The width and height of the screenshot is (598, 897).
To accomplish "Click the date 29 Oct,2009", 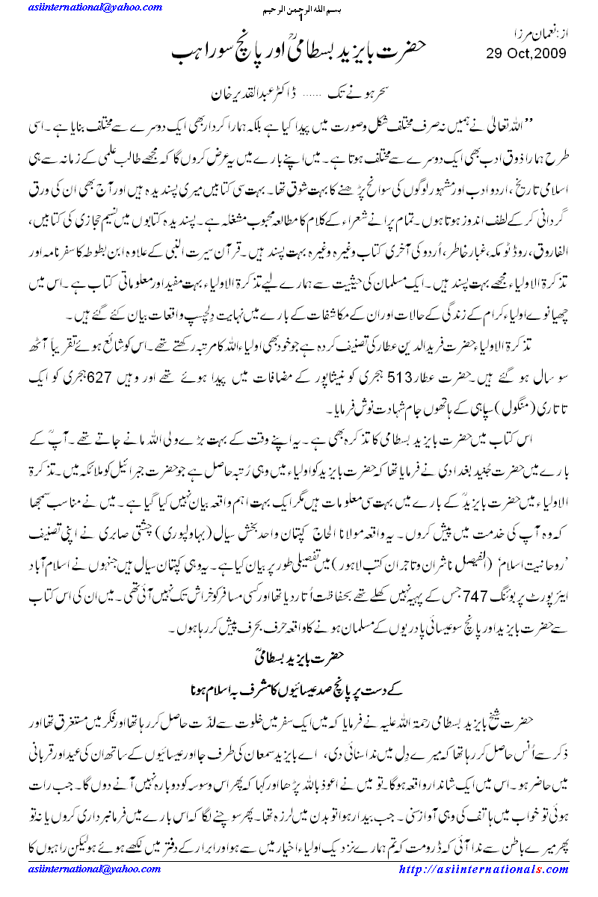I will coord(525,53).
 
